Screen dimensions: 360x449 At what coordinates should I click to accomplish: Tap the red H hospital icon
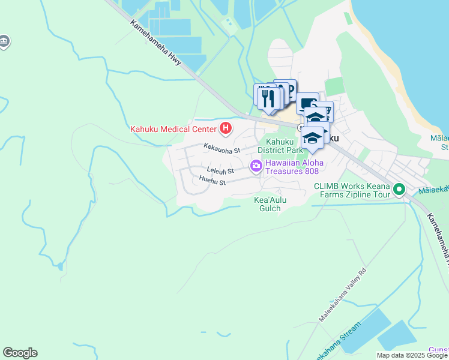click(226, 128)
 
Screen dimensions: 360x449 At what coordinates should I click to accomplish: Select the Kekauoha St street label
click(221, 147)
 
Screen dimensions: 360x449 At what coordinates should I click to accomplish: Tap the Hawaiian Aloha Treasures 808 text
click(295, 167)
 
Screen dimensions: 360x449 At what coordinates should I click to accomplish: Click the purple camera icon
click(256, 166)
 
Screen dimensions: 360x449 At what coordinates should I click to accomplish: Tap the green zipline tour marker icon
click(399, 191)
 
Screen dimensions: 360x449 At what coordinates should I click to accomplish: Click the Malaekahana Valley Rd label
click(343, 294)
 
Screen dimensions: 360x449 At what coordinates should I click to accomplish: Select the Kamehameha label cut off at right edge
click(438, 239)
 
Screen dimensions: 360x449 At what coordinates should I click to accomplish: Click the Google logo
click(20, 353)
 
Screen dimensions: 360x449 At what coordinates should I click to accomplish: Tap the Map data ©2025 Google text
click(412, 355)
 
